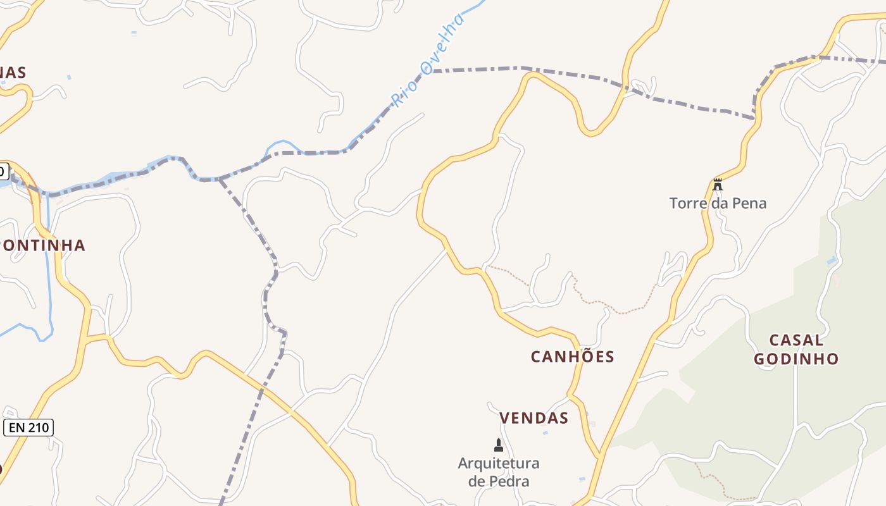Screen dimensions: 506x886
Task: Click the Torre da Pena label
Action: [x=718, y=203]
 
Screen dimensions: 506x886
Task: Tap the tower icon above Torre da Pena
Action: [x=718, y=185]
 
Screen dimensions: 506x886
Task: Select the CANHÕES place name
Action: [x=572, y=357]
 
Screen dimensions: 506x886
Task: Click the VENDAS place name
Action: [x=533, y=418]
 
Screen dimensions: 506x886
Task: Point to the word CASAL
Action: [x=796, y=340]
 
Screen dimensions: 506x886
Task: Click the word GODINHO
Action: [x=796, y=359]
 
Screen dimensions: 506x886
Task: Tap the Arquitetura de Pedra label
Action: [x=499, y=472]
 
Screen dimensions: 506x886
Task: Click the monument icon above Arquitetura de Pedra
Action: [x=499, y=445]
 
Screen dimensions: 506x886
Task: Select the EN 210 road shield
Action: [x=28, y=428]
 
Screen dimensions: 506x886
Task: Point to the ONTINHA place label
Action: [x=43, y=245]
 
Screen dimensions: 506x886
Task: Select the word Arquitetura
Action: [x=499, y=463]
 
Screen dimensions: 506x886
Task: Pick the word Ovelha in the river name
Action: [x=443, y=43]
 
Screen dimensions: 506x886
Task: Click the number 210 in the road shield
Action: [x=38, y=428]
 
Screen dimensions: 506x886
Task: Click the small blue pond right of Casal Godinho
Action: [x=831, y=261]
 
